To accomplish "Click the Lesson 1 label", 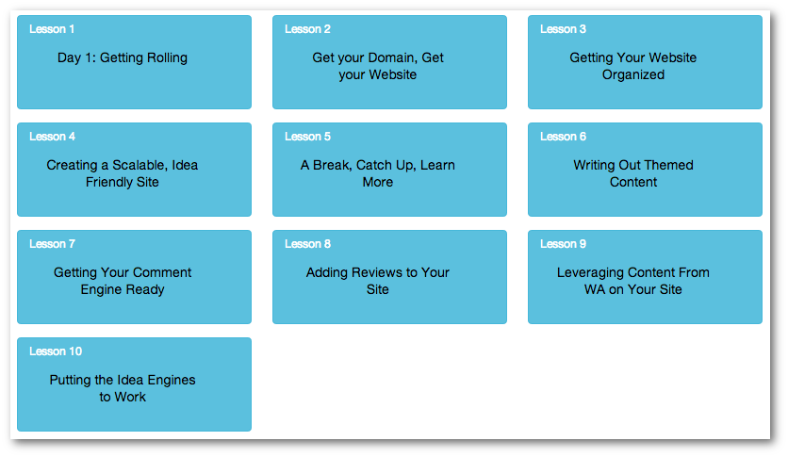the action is coord(52,29).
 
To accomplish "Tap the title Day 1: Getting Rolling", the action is coord(123,58).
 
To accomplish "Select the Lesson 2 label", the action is coord(307,29).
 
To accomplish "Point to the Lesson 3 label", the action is coord(563,29).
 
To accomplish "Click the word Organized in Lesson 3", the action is coord(633,74).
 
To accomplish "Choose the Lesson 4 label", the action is coord(52,137).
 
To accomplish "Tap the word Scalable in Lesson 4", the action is coord(140,165).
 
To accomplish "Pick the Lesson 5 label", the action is coord(307,137).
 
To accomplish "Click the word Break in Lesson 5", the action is coord(332,165).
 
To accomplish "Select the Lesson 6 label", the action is coord(563,137).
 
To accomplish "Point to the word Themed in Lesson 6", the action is coord(668,165).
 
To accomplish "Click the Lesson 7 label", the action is coord(52,244).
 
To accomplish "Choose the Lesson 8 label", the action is coord(307,244).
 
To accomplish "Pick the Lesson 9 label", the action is coord(563,244).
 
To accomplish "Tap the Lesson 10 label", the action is coord(56,351).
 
